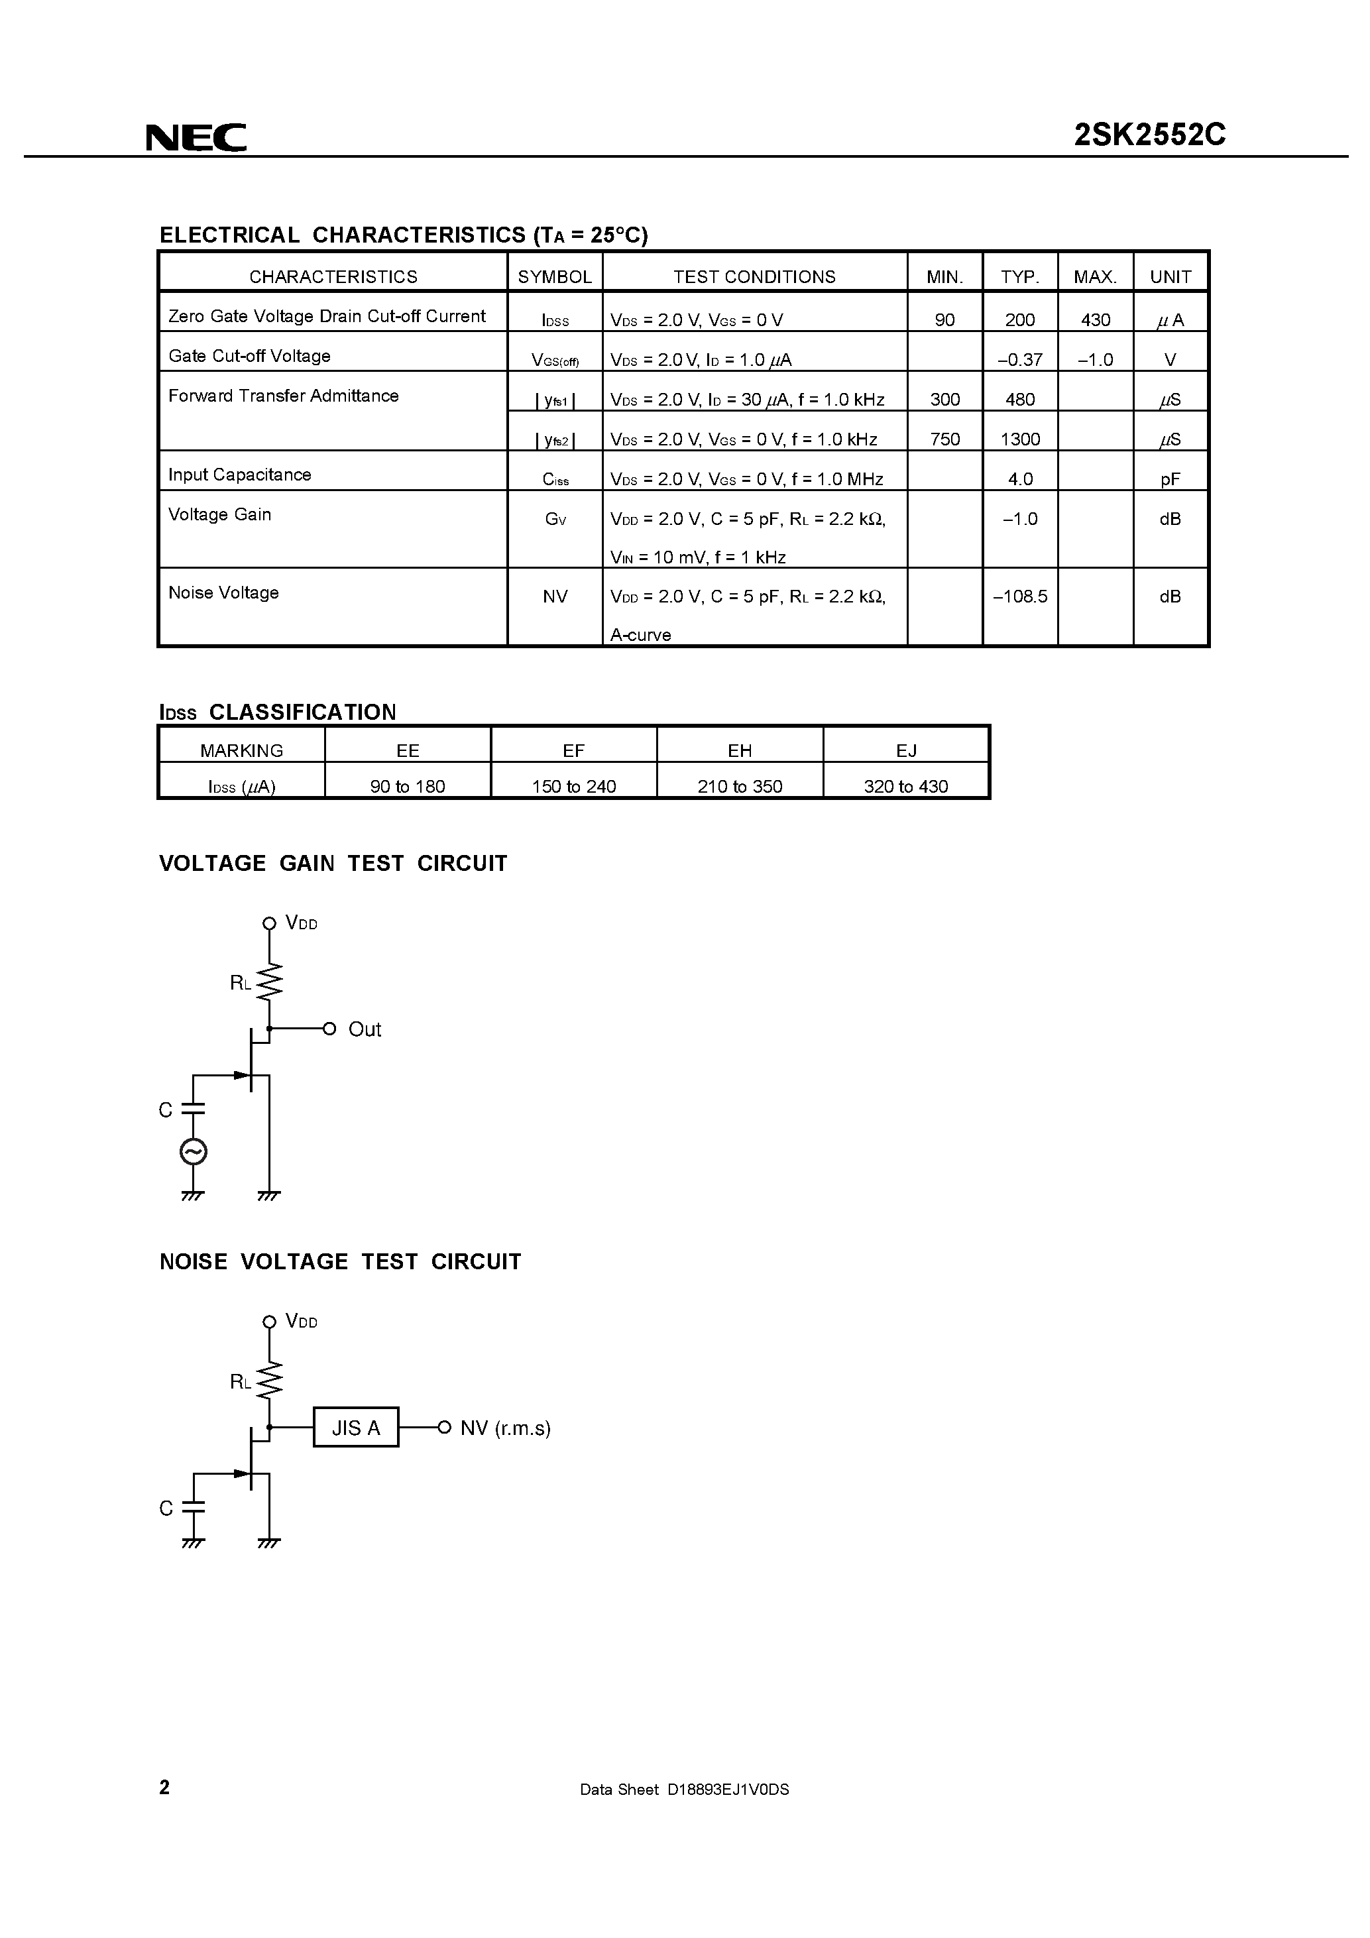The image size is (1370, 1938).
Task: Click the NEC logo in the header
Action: (196, 137)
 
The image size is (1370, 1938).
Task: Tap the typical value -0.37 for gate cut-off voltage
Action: (1019, 360)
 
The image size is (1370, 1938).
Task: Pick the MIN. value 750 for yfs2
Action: (944, 439)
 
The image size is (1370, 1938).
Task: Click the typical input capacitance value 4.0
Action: (1019, 479)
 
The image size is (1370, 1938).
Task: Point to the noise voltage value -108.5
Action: (1019, 596)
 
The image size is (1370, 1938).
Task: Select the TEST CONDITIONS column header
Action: (754, 277)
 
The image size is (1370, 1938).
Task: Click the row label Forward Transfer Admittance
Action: (284, 396)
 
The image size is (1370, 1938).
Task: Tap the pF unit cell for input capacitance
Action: (1170, 479)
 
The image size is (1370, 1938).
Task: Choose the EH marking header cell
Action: (740, 750)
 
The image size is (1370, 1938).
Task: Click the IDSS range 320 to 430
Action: (906, 786)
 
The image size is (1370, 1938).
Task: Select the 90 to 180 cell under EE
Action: (407, 786)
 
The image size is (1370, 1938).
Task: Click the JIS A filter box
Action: (355, 1428)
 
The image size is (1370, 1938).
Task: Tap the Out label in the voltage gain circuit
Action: (365, 1029)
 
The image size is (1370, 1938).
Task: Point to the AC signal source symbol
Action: (194, 1151)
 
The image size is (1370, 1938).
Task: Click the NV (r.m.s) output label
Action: (505, 1428)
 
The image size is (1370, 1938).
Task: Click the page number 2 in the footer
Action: (164, 1787)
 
